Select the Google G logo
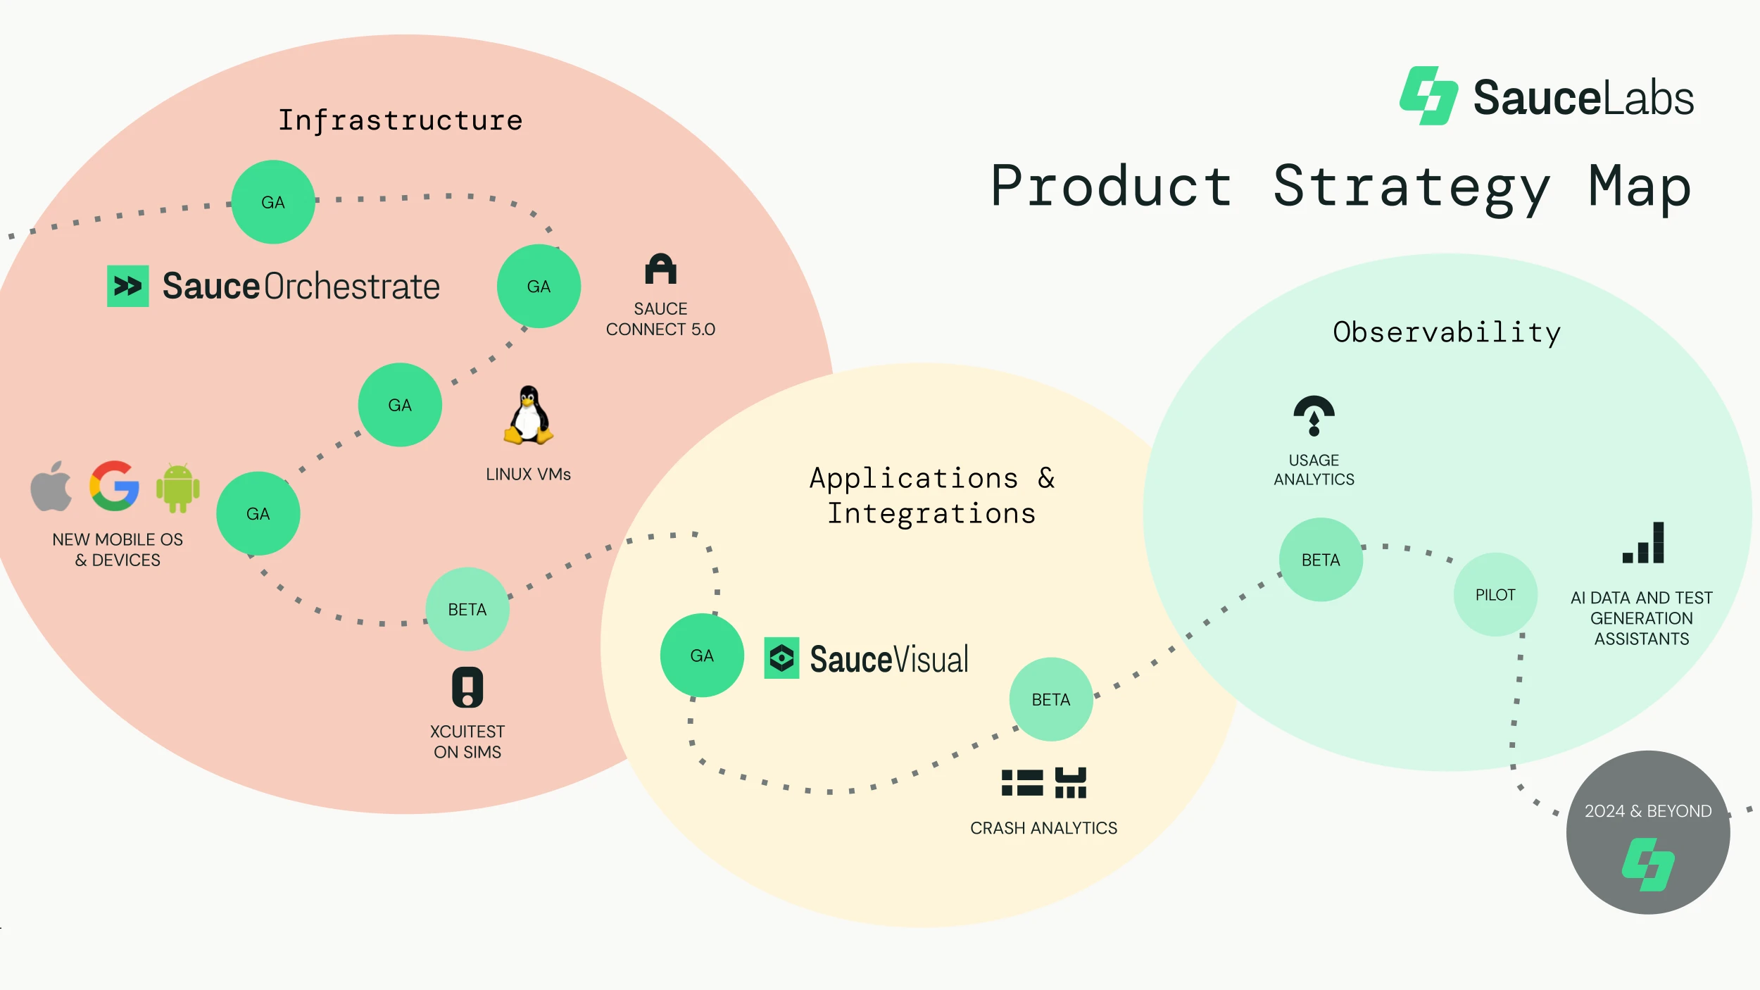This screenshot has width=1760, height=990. click(x=114, y=486)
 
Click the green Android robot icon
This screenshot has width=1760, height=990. click(x=178, y=487)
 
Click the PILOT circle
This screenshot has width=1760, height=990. click(x=1495, y=595)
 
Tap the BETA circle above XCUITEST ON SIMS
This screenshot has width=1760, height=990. click(x=467, y=609)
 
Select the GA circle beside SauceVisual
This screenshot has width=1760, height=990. click(x=702, y=656)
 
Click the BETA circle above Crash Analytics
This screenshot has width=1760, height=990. click(x=1051, y=699)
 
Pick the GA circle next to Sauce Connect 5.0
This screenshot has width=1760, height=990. click(x=539, y=287)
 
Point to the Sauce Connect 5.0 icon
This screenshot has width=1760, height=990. click(x=660, y=269)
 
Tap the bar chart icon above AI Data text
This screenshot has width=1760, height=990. click(x=1643, y=543)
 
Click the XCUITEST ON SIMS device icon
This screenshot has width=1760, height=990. click(x=467, y=687)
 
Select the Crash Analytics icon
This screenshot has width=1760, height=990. click(x=1043, y=782)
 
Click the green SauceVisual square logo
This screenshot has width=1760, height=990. click(x=781, y=658)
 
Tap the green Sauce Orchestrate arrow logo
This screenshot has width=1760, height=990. click(x=127, y=286)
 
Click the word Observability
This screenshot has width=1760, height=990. click(x=1447, y=332)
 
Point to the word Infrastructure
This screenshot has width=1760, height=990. click(x=401, y=121)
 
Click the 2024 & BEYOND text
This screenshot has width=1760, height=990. click(x=1647, y=811)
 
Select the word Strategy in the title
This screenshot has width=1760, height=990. click(x=1411, y=187)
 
